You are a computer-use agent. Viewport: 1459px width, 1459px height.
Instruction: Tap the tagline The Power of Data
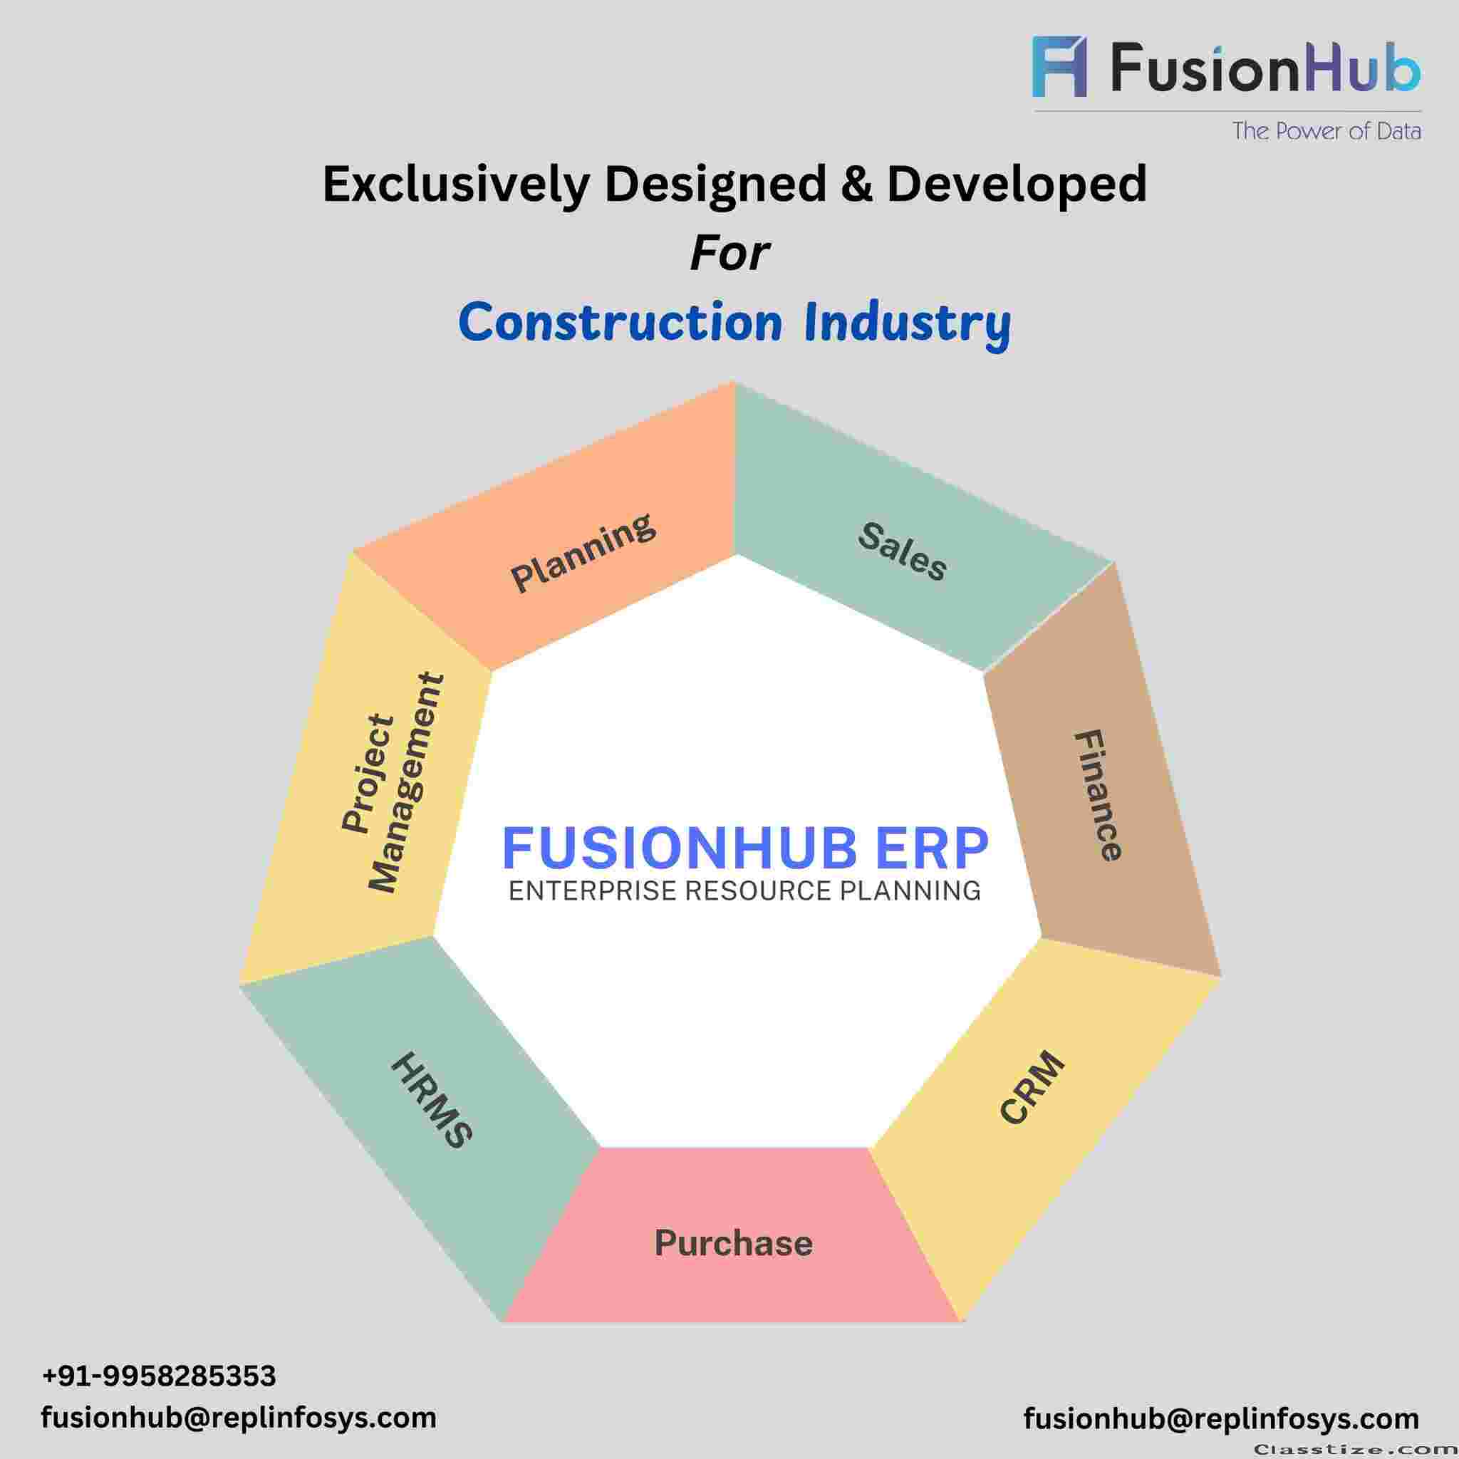(x=1326, y=130)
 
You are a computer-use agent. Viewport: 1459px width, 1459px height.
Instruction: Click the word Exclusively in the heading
(x=455, y=185)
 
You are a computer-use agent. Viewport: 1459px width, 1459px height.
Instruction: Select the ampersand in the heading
(x=855, y=184)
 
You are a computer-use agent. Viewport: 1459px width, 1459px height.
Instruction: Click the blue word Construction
(x=620, y=322)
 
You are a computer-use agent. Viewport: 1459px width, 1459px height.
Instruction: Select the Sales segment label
(x=902, y=552)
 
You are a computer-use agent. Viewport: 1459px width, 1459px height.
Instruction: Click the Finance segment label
(x=1099, y=795)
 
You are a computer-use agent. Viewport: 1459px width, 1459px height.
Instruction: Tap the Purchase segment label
(x=733, y=1243)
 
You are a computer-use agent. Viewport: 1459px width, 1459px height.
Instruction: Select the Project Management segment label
(x=392, y=784)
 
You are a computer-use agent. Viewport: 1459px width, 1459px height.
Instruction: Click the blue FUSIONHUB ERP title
(x=744, y=848)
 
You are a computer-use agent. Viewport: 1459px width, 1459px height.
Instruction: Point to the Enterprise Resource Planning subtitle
(x=744, y=891)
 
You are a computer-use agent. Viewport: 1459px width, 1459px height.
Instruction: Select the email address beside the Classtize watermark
(x=1221, y=1418)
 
